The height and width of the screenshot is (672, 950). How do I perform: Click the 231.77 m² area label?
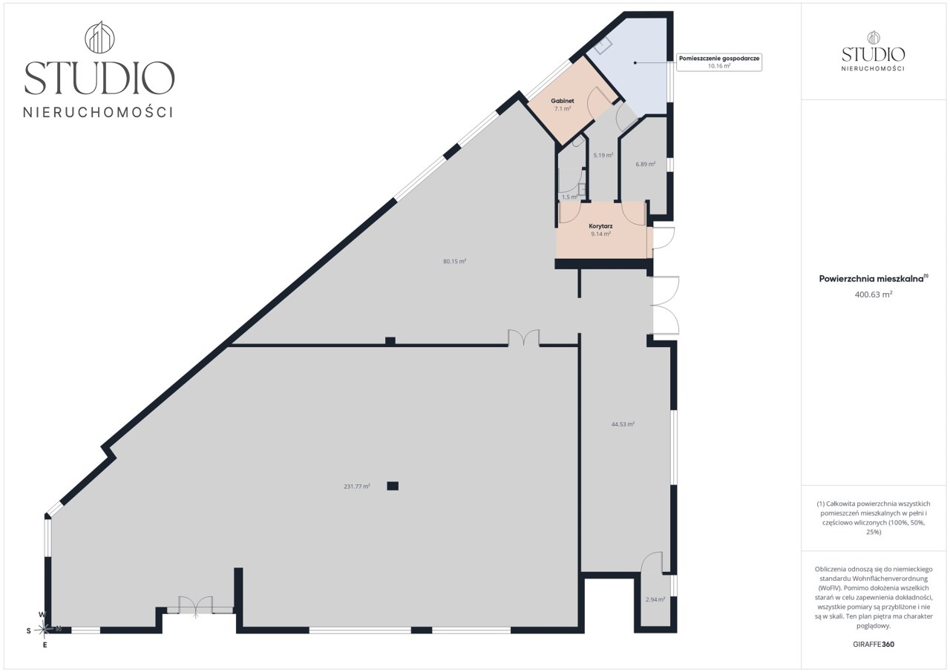[x=357, y=487]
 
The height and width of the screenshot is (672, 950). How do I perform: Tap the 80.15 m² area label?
[x=455, y=261]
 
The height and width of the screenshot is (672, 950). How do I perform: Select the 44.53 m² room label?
[x=623, y=424]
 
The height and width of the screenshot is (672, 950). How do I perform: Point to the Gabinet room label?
[x=563, y=101]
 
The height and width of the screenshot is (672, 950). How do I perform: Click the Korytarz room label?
[x=600, y=226]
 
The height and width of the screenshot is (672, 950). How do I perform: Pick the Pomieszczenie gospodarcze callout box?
[x=719, y=62]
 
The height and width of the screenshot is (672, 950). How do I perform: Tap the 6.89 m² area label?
[x=646, y=164]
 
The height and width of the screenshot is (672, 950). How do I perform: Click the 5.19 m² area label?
[x=603, y=155]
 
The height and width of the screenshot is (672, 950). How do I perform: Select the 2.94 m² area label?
[x=655, y=599]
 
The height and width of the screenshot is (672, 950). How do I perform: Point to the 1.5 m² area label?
[x=569, y=197]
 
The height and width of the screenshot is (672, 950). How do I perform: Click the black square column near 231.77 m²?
[x=393, y=486]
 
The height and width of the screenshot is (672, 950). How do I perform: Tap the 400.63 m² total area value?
[x=874, y=294]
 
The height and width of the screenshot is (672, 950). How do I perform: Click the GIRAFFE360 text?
[x=874, y=645]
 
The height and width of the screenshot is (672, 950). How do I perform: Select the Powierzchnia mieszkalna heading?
[x=874, y=278]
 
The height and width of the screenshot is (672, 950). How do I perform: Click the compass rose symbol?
[x=44, y=629]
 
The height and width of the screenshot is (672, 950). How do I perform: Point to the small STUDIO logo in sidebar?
[x=874, y=51]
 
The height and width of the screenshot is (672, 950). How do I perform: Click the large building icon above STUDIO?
[x=99, y=37]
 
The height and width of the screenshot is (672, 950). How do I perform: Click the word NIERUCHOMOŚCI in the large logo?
[x=98, y=112]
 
